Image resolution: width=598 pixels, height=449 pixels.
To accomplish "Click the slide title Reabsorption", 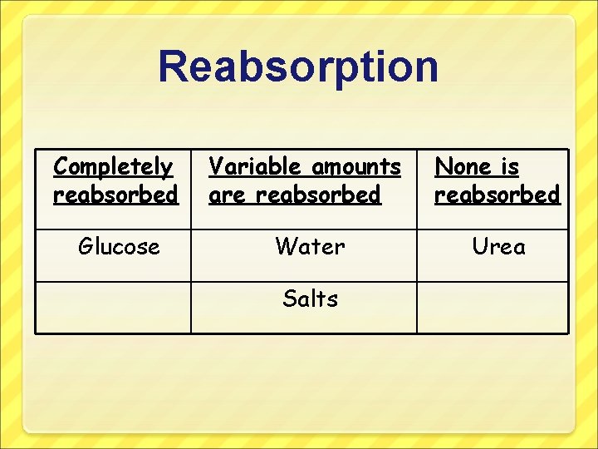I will coord(298,67).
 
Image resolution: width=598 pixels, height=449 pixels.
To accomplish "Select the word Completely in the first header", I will coord(113,167).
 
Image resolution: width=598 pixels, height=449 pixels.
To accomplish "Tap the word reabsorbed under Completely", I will coord(115,195).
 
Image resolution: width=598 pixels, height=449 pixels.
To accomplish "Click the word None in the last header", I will coord(463,167).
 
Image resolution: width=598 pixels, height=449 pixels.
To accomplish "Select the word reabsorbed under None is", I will coord(498,195).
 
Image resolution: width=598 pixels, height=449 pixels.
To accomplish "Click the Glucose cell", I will coord(119,247).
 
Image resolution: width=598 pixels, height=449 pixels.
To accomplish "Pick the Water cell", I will coord(310,247).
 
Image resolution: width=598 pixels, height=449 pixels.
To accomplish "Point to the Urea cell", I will coord(498,247).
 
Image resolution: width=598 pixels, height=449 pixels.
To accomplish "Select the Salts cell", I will coord(310,299).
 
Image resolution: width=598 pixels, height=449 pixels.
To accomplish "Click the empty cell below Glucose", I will coord(113,307).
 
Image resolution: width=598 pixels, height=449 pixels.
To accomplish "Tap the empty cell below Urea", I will coord(493,307).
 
